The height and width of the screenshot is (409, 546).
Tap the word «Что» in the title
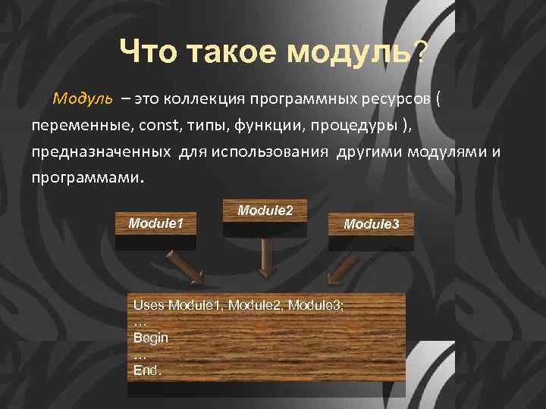pos(149,53)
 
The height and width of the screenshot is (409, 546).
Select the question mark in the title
pos(422,53)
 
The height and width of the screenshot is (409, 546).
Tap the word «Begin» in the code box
pos(151,338)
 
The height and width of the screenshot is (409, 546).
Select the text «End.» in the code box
pos(147,370)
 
